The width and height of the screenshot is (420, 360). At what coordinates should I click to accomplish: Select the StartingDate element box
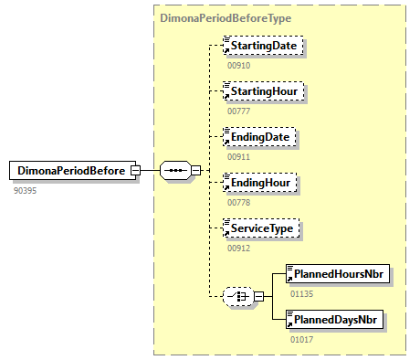(266, 45)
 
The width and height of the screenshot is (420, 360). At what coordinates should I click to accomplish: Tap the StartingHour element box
(266, 91)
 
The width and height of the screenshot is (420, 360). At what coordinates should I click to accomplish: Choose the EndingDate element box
(261, 137)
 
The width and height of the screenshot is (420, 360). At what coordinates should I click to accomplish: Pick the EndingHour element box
(261, 183)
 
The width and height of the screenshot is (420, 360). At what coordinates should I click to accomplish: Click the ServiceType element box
(263, 228)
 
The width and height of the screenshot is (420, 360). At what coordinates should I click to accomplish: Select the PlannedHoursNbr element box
(332, 273)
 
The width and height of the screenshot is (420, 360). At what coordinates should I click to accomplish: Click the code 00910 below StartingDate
(238, 66)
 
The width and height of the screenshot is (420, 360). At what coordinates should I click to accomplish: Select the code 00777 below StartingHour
(238, 111)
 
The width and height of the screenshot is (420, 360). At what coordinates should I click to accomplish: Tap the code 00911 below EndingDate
(238, 157)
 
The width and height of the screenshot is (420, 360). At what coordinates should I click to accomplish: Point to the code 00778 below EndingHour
(238, 203)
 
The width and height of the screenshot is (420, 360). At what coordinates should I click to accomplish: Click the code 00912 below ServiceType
(238, 249)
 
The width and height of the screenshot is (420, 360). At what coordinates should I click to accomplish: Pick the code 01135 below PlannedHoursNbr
(301, 294)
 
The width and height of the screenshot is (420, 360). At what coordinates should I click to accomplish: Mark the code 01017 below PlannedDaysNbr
(301, 340)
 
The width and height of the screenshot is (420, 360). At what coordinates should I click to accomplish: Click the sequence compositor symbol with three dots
(174, 170)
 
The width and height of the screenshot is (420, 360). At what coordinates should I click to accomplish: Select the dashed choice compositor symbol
(238, 296)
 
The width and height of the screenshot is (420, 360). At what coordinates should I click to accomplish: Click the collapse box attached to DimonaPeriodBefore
(135, 170)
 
